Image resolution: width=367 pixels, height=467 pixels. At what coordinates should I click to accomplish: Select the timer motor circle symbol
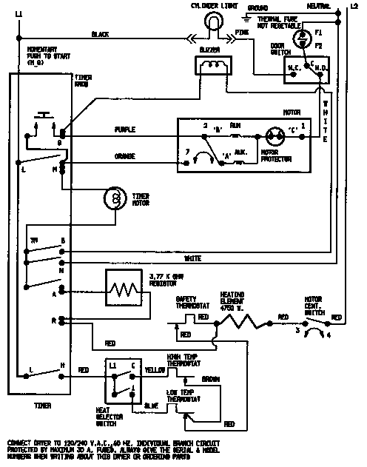coord(114,198)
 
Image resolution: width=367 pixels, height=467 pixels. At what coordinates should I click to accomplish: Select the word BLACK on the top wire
coord(100,34)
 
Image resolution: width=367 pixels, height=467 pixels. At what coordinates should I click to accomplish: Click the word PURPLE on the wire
coord(124,130)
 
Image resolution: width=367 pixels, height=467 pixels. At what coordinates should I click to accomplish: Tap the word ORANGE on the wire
coord(124,156)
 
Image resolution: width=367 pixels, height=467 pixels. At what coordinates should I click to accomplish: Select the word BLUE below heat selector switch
coord(152,406)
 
